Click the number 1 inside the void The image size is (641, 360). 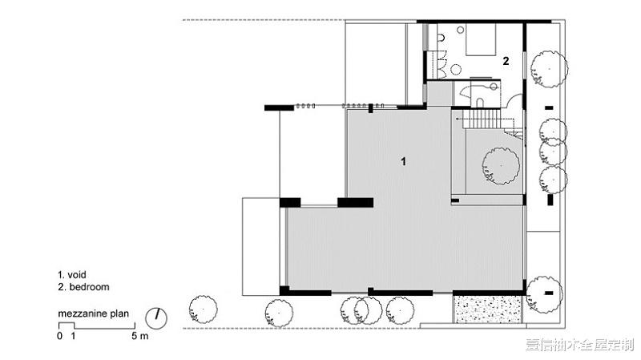[404, 162]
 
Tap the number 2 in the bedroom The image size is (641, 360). [506, 61]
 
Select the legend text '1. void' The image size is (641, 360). [72, 274]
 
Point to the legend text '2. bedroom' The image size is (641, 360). [84, 287]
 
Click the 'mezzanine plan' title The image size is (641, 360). [93, 313]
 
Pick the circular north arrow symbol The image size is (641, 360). [156, 318]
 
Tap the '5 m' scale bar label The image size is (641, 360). [140, 336]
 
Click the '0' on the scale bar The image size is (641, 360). [60, 336]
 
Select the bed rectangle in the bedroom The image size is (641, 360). [481, 39]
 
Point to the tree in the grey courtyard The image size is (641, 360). [501, 166]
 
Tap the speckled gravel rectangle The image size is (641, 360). [488, 309]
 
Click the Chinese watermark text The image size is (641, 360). [579, 345]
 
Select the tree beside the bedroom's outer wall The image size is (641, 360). [549, 69]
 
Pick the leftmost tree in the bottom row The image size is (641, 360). [204, 309]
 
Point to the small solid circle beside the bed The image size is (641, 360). [461, 30]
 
